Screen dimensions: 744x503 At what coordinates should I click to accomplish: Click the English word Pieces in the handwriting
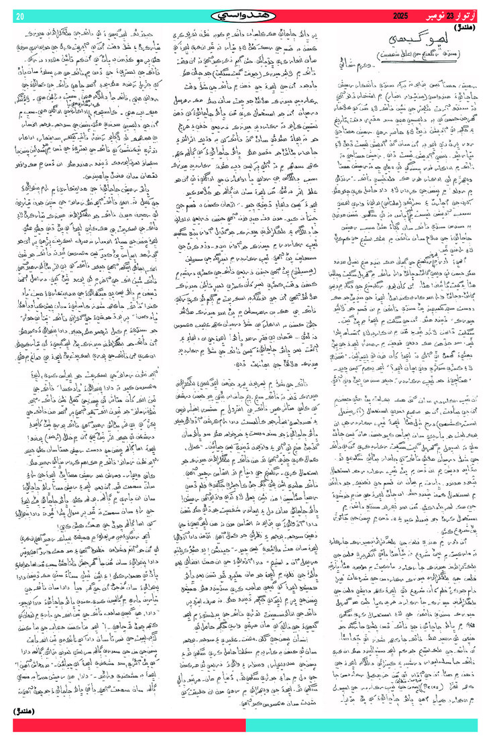pyautogui.click(x=382, y=682)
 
